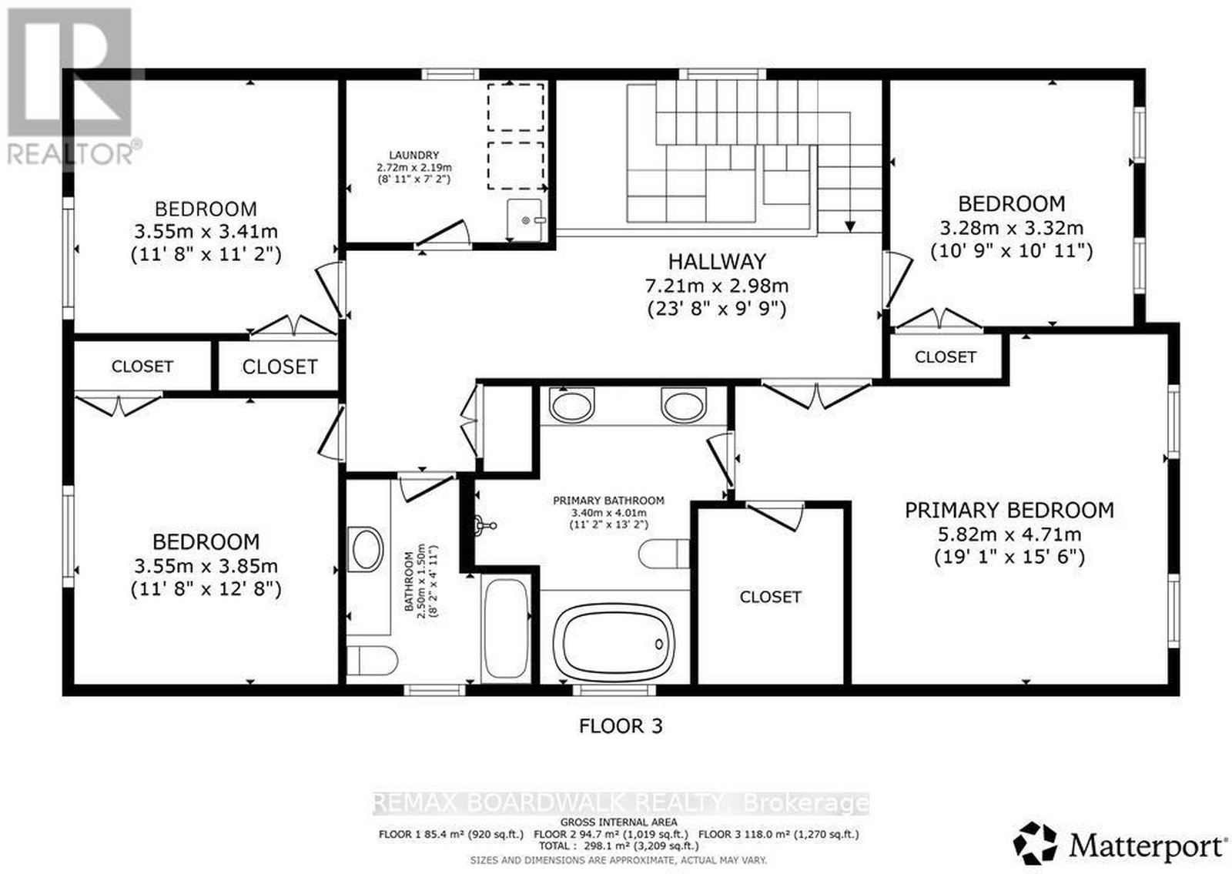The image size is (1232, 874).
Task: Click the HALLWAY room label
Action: pos(717,261)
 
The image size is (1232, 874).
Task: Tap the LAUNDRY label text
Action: pos(413,156)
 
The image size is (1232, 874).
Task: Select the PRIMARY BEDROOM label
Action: pos(1009,511)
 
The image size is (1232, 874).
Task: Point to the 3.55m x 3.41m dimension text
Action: pos(206,232)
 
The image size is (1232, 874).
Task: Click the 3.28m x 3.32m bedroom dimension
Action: pos(1012,227)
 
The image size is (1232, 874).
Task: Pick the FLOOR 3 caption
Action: pos(621,726)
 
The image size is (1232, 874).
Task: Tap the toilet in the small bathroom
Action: pos(373,660)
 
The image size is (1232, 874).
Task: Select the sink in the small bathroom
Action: pos(367,550)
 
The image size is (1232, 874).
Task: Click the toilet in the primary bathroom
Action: pos(664,554)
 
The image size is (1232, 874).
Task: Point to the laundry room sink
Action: pos(524,219)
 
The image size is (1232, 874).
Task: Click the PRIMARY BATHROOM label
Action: pos(608,501)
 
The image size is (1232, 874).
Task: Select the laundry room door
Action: pos(442,233)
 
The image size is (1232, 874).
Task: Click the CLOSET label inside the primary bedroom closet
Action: pos(770,597)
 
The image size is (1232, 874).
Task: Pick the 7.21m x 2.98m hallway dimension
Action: pos(717,286)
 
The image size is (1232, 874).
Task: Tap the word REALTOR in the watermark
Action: pos(70,155)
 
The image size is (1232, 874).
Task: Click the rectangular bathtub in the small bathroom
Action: pos(505,628)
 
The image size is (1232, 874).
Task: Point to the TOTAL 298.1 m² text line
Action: pos(618,846)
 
